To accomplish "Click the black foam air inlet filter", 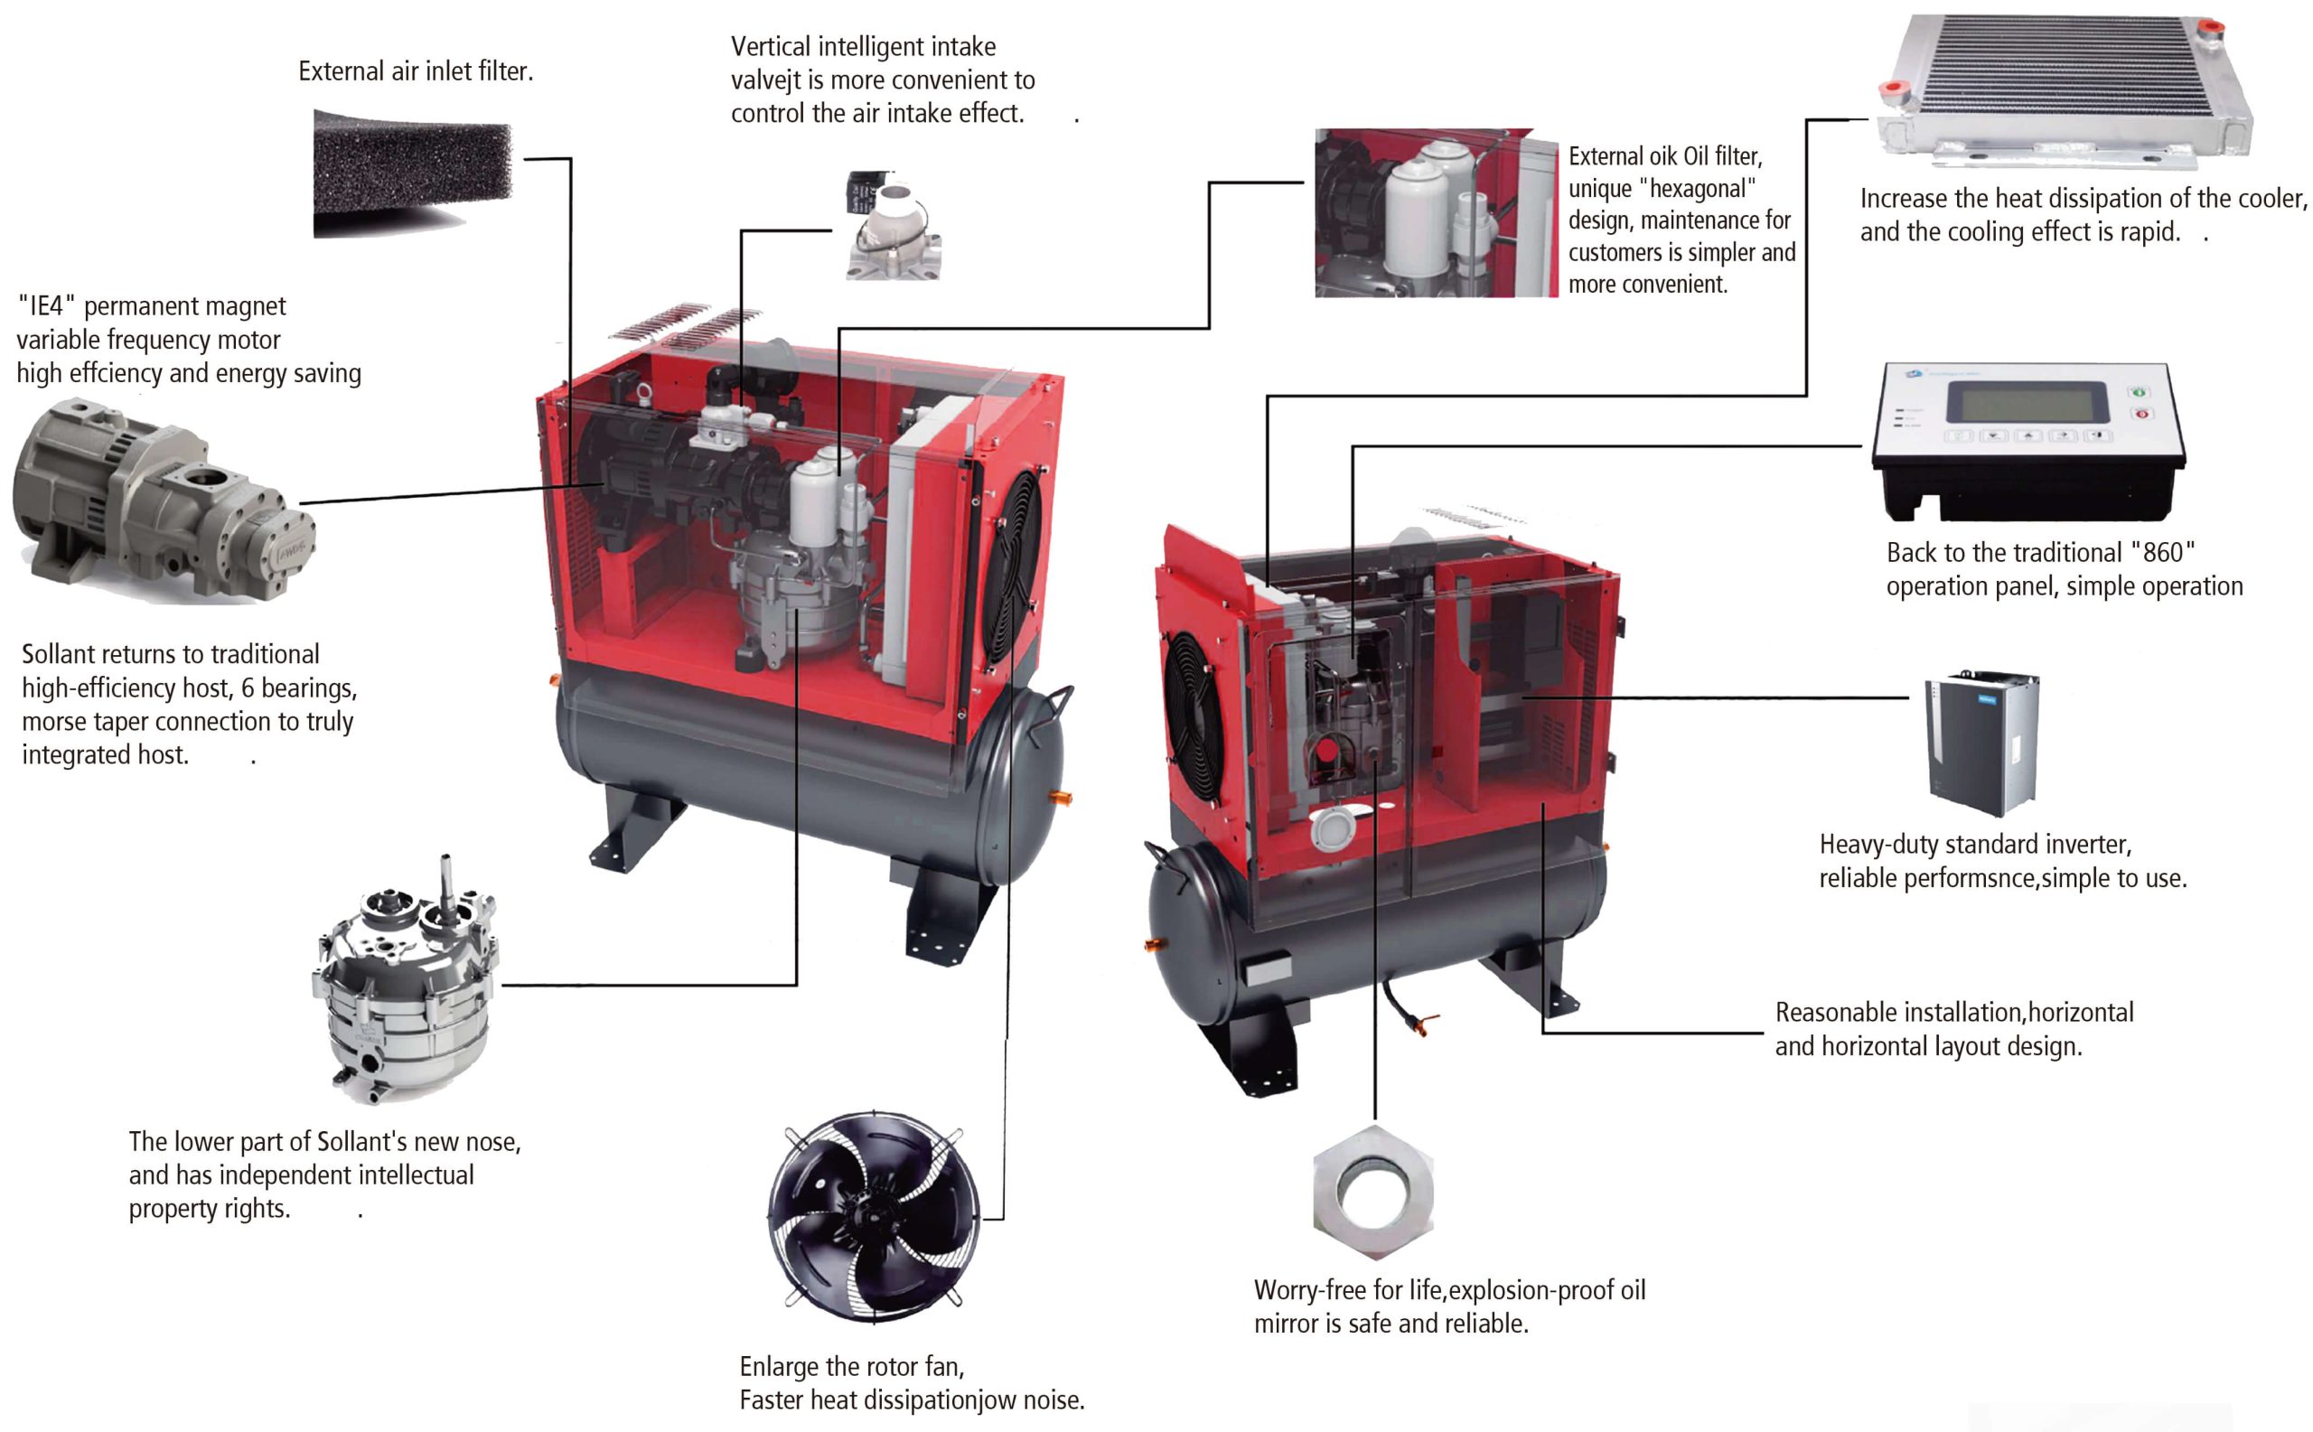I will [x=412, y=171].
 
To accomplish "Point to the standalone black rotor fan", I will [x=874, y=1217].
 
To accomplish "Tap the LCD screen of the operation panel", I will [x=2026, y=403].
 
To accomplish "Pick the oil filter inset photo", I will [x=1435, y=213].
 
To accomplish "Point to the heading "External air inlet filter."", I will [x=416, y=71].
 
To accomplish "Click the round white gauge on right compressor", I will [x=1334, y=829].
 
